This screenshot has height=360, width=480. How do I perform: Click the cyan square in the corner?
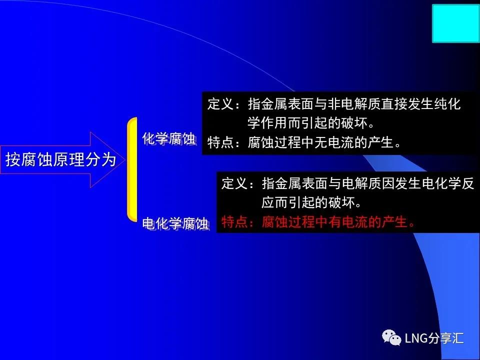click(456, 23)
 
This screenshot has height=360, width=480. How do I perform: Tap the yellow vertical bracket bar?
click(132, 169)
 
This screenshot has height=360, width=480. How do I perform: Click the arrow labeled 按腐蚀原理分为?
click(62, 160)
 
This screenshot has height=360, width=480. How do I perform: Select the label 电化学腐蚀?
click(175, 224)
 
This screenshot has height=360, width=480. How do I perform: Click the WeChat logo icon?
click(391, 337)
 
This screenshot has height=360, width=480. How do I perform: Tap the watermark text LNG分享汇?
click(434, 338)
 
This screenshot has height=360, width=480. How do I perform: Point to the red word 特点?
click(234, 221)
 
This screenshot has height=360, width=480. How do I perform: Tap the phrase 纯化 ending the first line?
click(447, 104)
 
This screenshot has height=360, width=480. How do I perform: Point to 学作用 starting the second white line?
click(267, 123)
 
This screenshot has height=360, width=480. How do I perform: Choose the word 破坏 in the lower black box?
click(341, 202)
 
